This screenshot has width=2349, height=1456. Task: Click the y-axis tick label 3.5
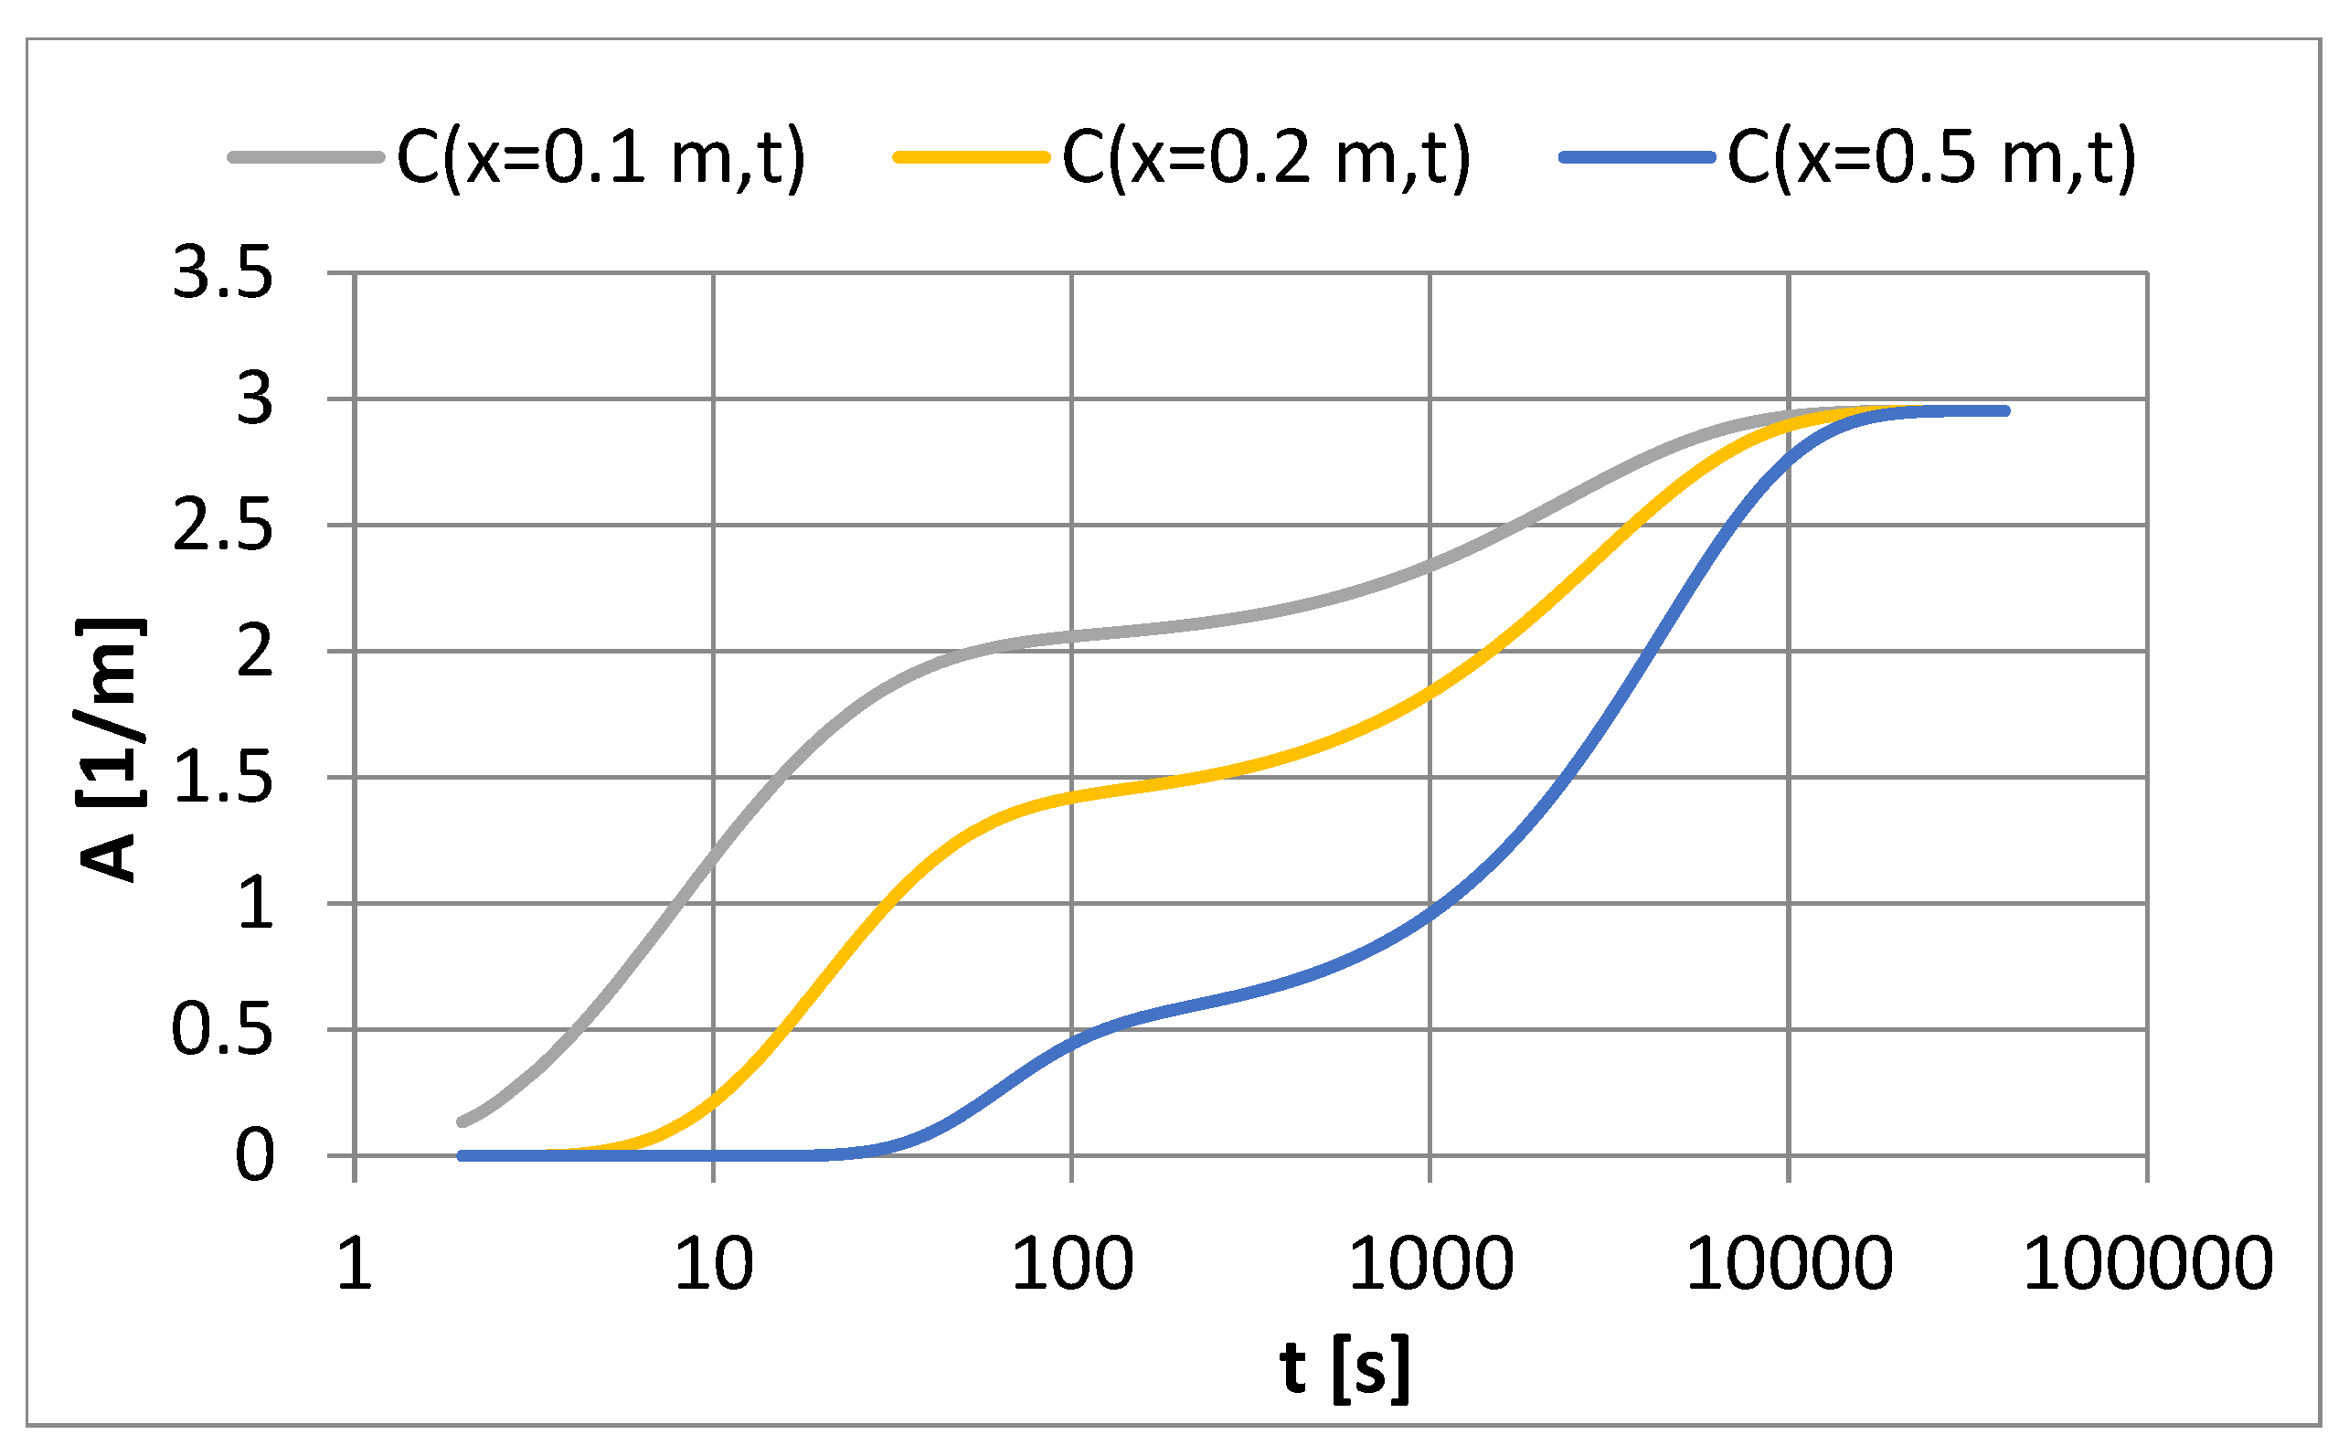pyautogui.click(x=222, y=273)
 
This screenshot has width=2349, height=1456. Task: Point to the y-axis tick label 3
pyautogui.click(x=254, y=399)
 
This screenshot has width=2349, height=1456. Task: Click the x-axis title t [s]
pyautogui.click(x=1345, y=1367)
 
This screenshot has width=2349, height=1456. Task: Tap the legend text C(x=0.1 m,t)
pyautogui.click(x=601, y=157)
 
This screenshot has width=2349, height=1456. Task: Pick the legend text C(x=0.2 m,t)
pyautogui.click(x=1266, y=157)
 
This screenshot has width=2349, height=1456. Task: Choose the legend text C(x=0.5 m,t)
pyautogui.click(x=1931, y=157)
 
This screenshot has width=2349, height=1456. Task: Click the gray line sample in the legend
pyautogui.click(x=306, y=157)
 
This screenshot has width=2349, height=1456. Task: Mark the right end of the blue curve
pyautogui.click(x=2005, y=411)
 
